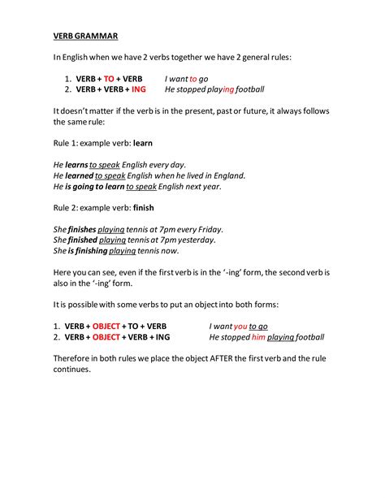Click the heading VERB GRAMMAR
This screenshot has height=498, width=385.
click(x=85, y=36)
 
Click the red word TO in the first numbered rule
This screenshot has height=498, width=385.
click(x=109, y=78)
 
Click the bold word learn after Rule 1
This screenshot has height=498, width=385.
click(x=143, y=142)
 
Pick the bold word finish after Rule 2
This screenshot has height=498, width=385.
click(x=144, y=207)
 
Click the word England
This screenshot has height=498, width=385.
click(x=227, y=175)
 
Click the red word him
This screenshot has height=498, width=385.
click(x=259, y=337)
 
